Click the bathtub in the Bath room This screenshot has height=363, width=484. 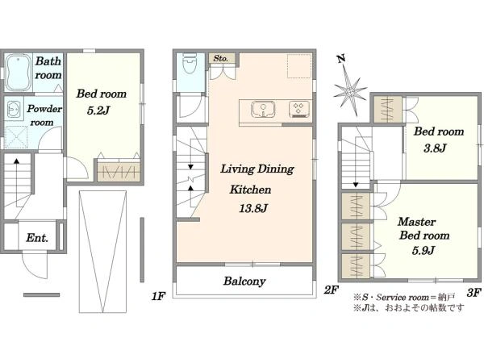click(19, 73)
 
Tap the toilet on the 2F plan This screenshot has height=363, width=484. click(190, 63)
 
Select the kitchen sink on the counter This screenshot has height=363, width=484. click(263, 109)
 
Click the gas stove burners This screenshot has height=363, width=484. click(298, 109)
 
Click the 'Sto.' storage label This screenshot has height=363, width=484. click(221, 58)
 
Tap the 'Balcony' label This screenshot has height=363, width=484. click(244, 281)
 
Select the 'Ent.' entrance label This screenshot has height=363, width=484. click(37, 238)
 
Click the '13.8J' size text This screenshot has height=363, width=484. click(253, 208)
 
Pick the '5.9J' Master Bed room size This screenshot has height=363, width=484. click(423, 250)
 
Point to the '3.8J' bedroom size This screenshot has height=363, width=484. click(435, 148)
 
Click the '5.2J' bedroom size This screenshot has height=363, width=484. click(98, 111)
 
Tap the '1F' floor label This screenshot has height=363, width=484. click(158, 296)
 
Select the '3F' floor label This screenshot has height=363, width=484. click(474, 292)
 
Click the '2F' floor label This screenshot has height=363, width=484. click(332, 290)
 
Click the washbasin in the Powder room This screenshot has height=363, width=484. click(14, 109)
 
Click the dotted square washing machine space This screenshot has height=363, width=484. click(16, 137)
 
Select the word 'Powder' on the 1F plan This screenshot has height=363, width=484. click(44, 109)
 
